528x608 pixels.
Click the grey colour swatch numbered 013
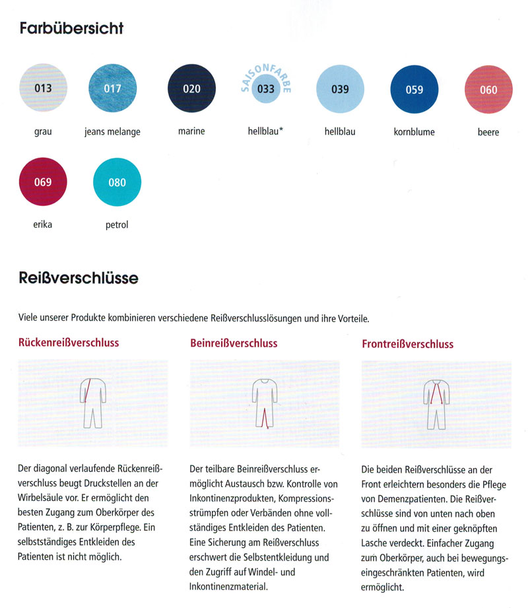(x=43, y=88)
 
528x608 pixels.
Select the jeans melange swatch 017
(x=112, y=88)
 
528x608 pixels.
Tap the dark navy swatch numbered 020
(x=191, y=88)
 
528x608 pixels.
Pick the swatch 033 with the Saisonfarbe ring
(x=266, y=89)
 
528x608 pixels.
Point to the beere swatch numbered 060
(x=488, y=90)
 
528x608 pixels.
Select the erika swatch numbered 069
(x=43, y=182)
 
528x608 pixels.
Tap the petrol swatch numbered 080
(x=117, y=182)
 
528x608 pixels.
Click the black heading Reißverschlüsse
(x=79, y=279)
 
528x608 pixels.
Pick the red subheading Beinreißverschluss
(x=234, y=343)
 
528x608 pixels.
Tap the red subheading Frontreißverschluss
(x=407, y=344)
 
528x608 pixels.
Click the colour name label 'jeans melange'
(x=112, y=131)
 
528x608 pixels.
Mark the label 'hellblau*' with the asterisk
(x=261, y=131)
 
